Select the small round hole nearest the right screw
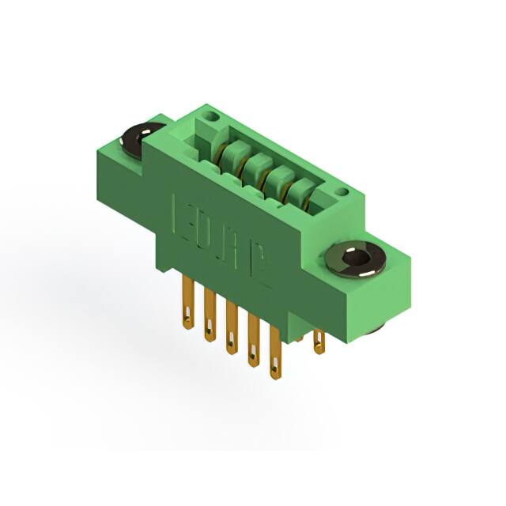click(x=341, y=191)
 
